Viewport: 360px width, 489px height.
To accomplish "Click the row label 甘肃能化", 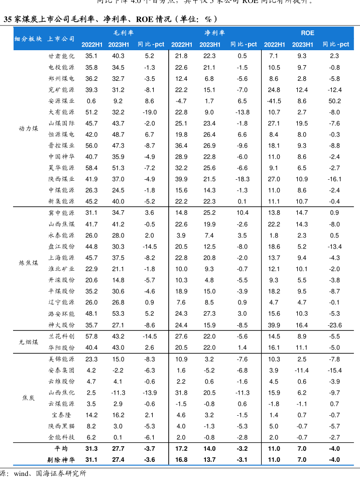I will click(61, 56).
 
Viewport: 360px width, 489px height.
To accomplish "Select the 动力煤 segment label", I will click(28, 129).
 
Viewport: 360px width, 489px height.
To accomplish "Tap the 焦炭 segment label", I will click(28, 398).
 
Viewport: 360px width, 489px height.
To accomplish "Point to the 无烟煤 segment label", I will click(28, 342).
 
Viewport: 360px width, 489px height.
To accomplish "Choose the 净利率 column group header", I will click(215, 33).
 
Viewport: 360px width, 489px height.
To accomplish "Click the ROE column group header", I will click(307, 33).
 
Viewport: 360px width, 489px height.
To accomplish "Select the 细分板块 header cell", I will click(28, 39).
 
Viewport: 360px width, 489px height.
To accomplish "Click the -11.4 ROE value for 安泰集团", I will click(302, 370).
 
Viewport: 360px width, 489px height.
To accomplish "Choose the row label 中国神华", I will click(61, 157).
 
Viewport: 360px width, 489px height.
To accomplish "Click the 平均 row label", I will click(61, 448).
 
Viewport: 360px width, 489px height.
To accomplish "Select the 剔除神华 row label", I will click(61, 459).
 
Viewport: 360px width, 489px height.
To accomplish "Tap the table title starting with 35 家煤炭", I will click(110, 19).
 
